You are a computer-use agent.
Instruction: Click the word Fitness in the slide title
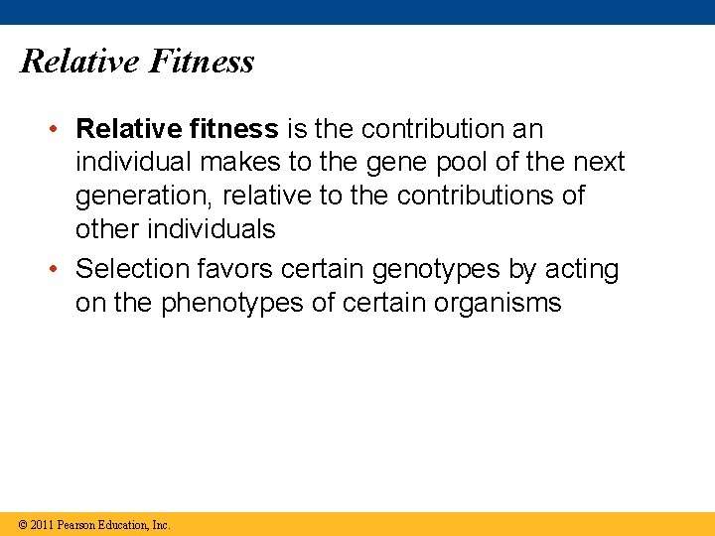[x=202, y=62]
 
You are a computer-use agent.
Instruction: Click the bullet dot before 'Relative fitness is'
[x=60, y=130]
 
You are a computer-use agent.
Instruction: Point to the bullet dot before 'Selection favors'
[x=60, y=270]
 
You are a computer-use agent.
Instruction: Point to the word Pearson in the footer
[x=77, y=524]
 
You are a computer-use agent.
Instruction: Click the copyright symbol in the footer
[x=21, y=524]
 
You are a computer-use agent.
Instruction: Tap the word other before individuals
[x=107, y=229]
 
